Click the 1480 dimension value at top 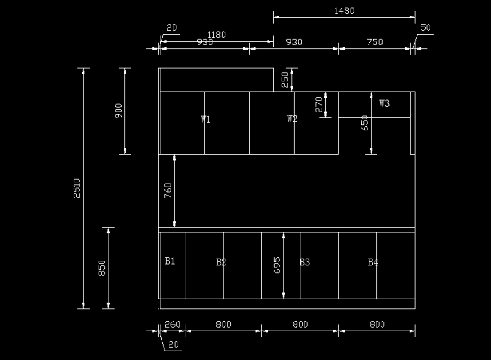[344, 11]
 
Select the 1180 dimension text [216, 35]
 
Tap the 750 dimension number [375, 42]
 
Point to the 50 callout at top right [426, 28]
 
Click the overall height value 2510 [77, 188]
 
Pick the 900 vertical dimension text [119, 111]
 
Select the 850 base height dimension [102, 268]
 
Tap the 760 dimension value [168, 191]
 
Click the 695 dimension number [277, 265]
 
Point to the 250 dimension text [285, 80]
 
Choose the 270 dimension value [320, 104]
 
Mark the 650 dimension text [365, 123]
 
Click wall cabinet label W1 [205, 119]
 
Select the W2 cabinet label [292, 119]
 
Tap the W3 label [384, 103]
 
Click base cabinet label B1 [170, 261]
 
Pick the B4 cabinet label [373, 262]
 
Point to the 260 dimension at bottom [172, 324]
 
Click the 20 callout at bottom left [173, 344]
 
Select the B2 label [221, 262]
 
